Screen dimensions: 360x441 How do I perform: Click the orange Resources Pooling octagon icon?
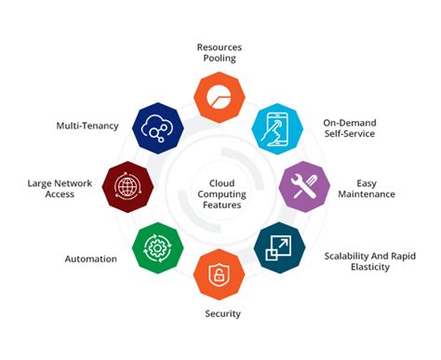tap(220, 96)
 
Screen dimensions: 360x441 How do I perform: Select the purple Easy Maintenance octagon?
tap(304, 187)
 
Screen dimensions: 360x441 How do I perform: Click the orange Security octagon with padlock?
tap(220, 274)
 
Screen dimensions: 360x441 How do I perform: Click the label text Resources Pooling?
tap(220, 50)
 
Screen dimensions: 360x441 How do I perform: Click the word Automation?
tap(90, 258)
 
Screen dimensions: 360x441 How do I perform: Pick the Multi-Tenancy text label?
tap(87, 126)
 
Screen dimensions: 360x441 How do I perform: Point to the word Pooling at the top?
tap(220, 57)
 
